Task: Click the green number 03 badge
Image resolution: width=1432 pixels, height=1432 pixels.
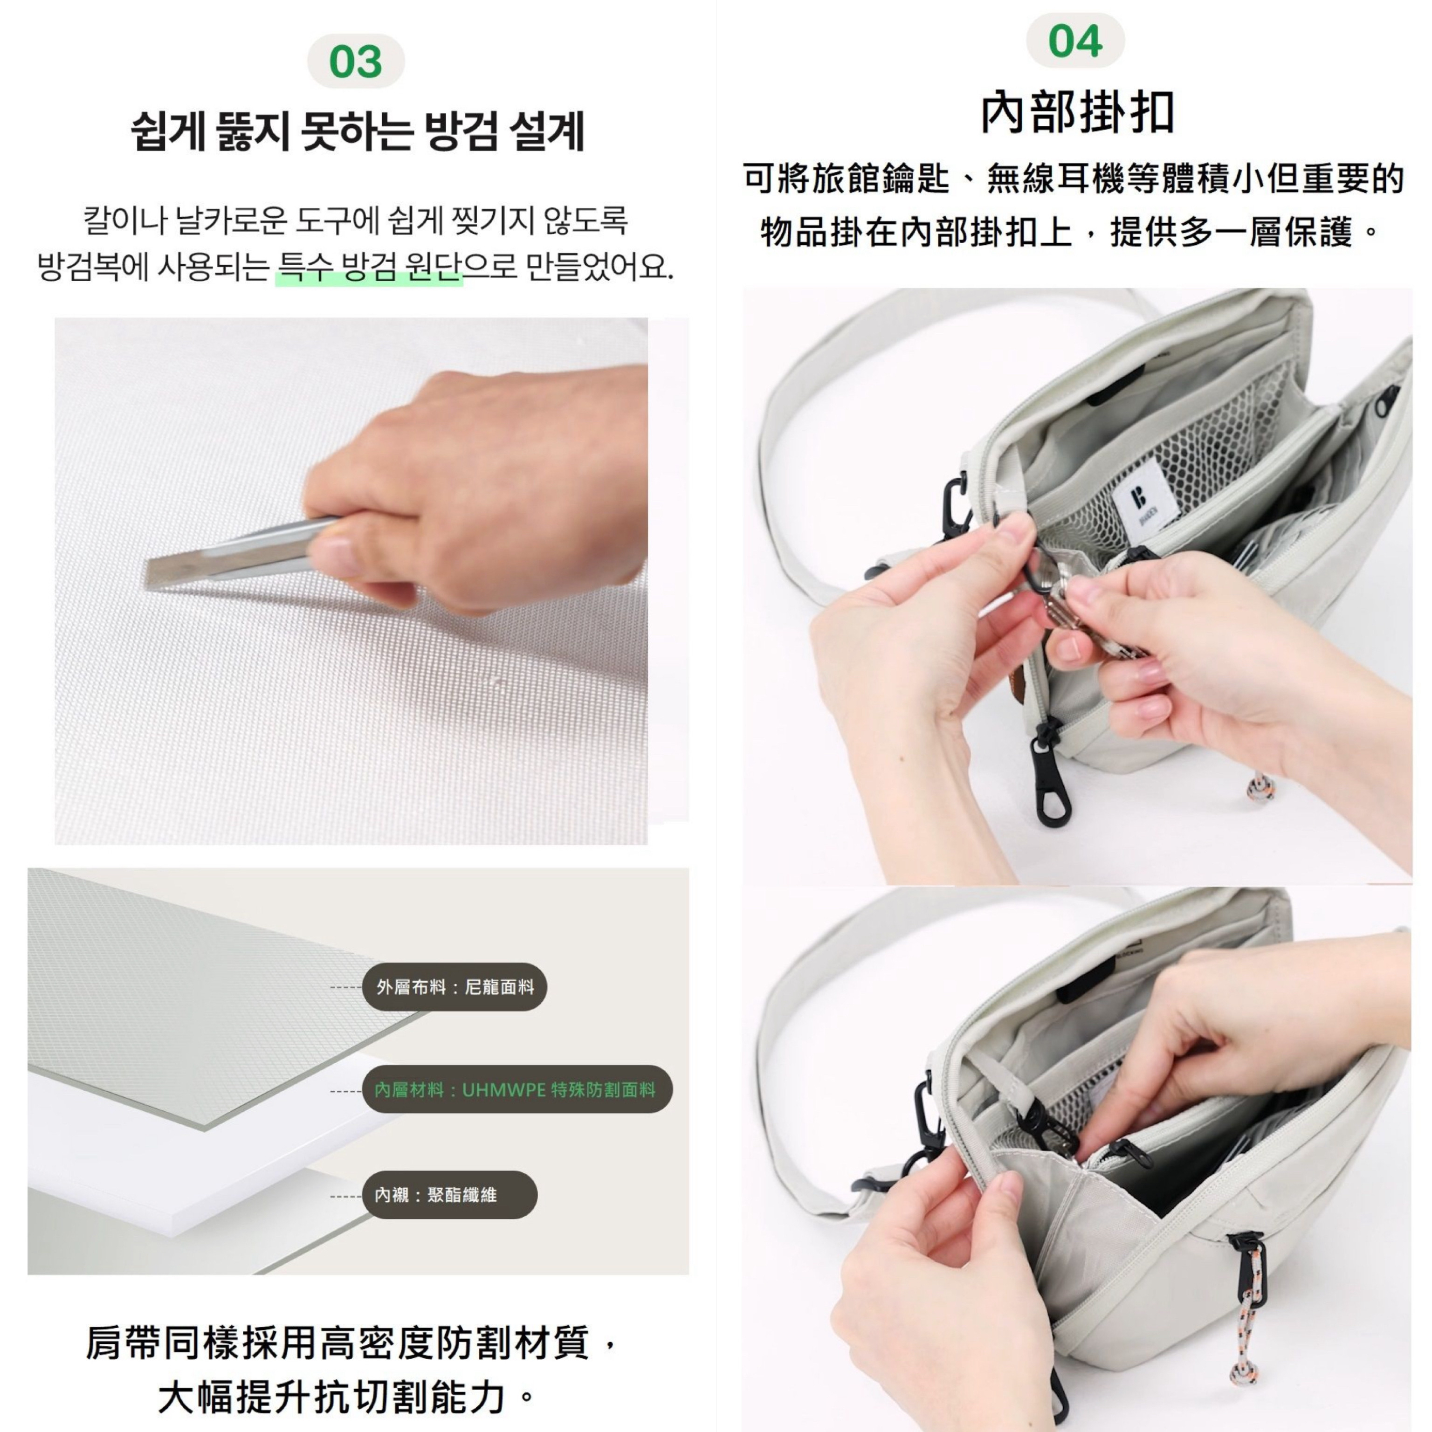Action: point(356,62)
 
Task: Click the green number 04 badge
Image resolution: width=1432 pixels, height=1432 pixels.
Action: point(1075,41)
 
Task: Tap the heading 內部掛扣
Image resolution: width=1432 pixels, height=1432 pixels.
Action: point(1077,113)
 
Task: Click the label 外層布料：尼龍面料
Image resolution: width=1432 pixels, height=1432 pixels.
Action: point(454,986)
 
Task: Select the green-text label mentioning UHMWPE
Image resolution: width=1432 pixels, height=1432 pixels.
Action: point(516,1089)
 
